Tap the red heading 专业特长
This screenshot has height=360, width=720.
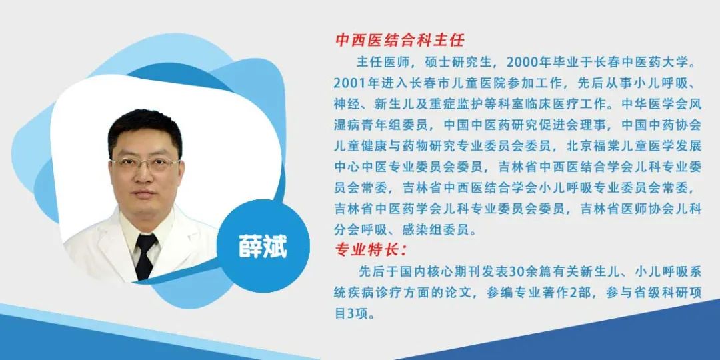(x=367, y=251)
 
